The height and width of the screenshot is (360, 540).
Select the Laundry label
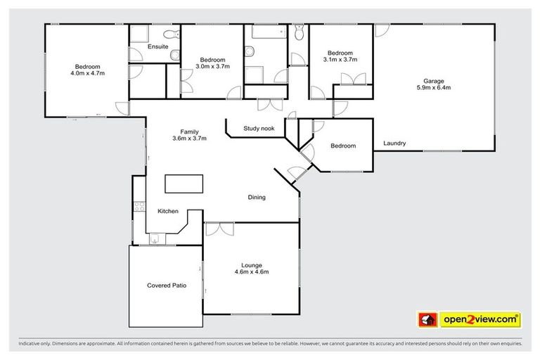pos(394,143)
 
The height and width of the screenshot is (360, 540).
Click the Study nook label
pos(258,128)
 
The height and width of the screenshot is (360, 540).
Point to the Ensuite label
pos(158,46)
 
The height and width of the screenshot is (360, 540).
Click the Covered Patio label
pos(166,285)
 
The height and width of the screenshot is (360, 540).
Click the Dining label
pos(257,198)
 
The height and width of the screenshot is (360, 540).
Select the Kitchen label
pos(167,211)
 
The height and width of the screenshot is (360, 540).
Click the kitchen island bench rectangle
pos(184,184)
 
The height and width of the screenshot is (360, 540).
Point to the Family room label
pos(189,131)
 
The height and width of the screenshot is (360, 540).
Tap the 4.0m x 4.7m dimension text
pos(86,72)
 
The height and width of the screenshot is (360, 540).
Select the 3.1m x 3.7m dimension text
pos(340,60)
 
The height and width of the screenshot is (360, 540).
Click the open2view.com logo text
pos(481,320)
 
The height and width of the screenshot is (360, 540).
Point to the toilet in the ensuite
pos(171,34)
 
